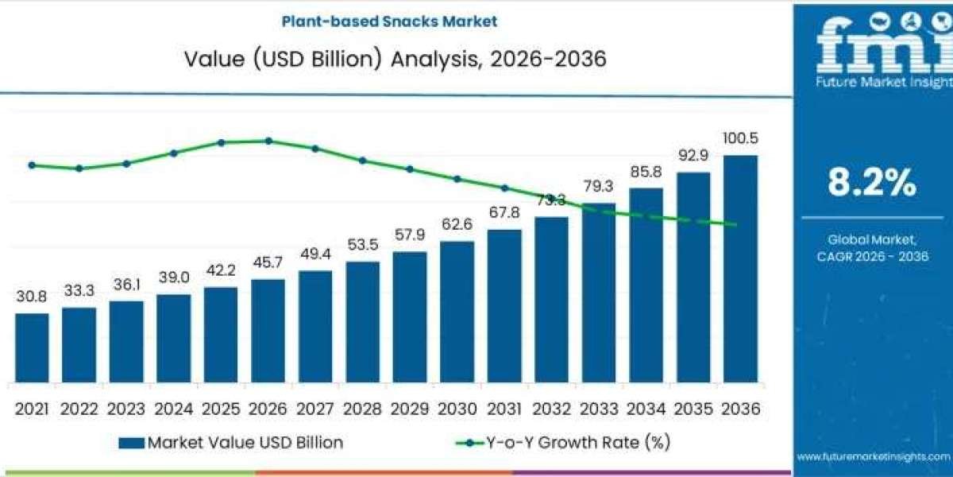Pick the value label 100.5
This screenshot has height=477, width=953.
(740, 138)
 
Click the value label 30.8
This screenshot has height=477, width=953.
(32, 296)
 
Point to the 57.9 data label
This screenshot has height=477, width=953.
(410, 235)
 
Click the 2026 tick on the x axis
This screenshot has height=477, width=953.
(268, 409)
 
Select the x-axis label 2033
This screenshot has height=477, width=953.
(599, 409)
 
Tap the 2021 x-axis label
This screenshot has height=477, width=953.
(32, 409)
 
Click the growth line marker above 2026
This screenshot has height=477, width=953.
(268, 141)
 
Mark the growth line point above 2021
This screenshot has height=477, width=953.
(32, 165)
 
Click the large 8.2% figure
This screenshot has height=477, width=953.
(872, 184)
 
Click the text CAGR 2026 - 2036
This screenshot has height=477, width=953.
(872, 256)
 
